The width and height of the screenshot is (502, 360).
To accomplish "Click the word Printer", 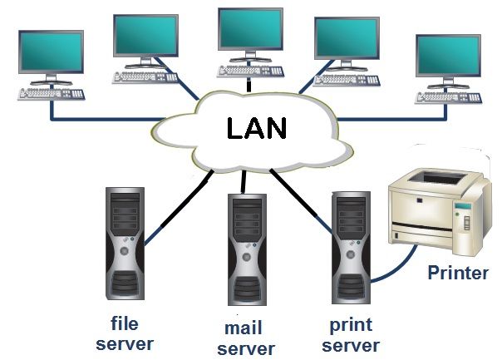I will (457, 273).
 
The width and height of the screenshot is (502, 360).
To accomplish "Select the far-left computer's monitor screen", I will (51, 52).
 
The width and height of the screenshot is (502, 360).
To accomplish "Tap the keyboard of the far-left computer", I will (50, 92).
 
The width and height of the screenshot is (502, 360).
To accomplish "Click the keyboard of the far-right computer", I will (448, 97).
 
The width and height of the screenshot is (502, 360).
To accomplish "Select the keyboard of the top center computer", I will (249, 70).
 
